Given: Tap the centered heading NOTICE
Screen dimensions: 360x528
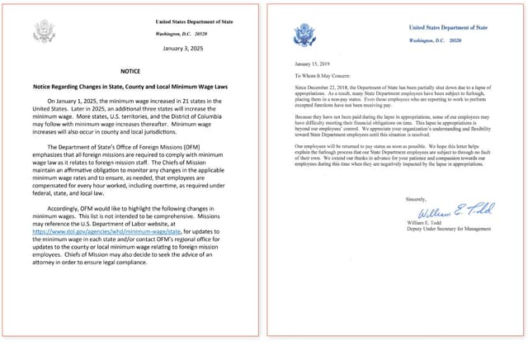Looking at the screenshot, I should (130, 72).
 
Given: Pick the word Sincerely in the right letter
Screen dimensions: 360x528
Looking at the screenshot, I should (417, 199).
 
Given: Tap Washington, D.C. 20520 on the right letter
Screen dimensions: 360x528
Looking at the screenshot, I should (437, 40).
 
